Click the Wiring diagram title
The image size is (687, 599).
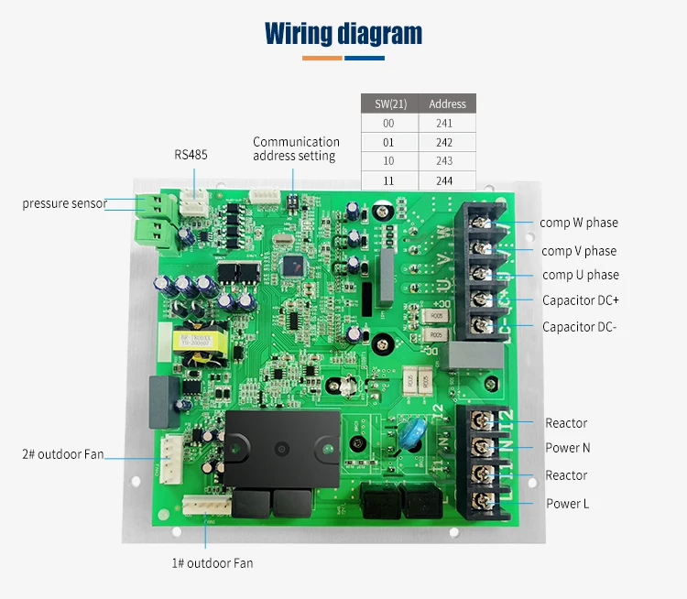pos(343,34)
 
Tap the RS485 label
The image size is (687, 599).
pos(191,155)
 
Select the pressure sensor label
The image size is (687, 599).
pos(64,203)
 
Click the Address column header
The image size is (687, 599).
pos(447,103)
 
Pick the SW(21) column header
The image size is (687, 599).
pos(389,103)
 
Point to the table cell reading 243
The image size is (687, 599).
pos(447,161)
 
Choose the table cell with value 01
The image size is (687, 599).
pos(389,142)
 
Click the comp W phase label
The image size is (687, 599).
pos(578,223)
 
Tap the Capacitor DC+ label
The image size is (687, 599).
pos(580,300)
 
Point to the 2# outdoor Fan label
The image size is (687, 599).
pos(63,454)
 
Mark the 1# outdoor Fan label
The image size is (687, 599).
pos(212,563)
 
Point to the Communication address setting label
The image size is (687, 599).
pos(296,148)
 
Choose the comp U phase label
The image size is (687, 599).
pos(580,275)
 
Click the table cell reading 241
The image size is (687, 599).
pos(447,123)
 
